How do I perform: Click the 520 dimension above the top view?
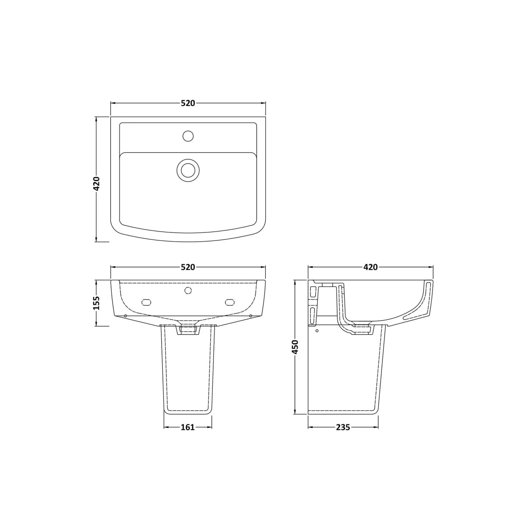click(x=188, y=103)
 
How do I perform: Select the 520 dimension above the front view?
click(x=188, y=267)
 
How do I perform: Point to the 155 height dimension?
click(x=96, y=303)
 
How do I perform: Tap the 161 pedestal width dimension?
click(x=188, y=427)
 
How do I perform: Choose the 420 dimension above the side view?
click(x=371, y=267)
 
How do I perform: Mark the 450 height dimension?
click(x=295, y=347)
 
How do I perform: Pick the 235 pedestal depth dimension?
click(x=343, y=427)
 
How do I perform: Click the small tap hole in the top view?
click(x=188, y=135)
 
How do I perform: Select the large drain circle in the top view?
click(x=188, y=170)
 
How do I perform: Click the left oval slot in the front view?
click(x=146, y=302)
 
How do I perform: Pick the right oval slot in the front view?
click(x=230, y=302)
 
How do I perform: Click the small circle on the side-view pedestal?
click(x=317, y=331)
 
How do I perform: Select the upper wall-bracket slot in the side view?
click(x=313, y=292)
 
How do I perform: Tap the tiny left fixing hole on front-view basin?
click(x=126, y=316)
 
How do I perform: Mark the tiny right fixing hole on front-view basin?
click(x=251, y=316)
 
